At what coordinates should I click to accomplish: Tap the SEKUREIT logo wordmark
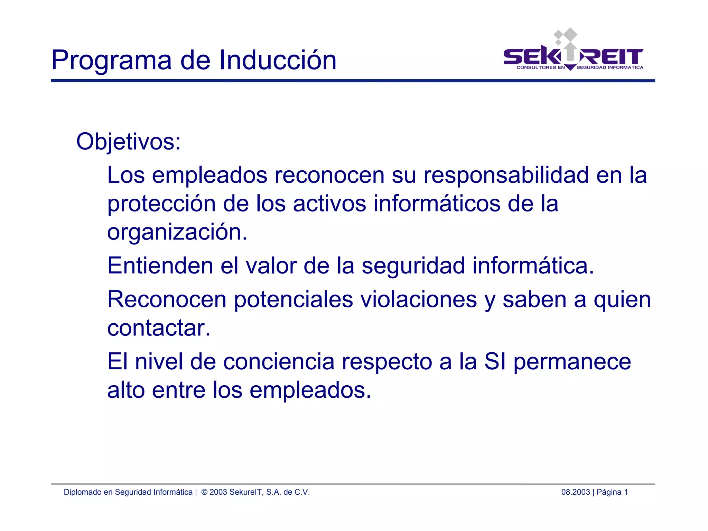pos(573,57)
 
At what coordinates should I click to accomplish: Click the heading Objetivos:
pos(128,142)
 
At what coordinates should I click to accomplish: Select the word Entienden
pos(160,265)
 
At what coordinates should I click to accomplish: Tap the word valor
pos(271,265)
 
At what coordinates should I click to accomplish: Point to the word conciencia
pos(279,361)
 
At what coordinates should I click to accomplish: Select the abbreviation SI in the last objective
pos(495,361)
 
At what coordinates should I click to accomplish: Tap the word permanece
pos(572,362)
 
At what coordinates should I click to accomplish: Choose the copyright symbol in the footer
pos(204,492)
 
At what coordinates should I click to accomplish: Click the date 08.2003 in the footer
pos(575,492)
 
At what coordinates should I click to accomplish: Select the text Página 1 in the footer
pos(612,492)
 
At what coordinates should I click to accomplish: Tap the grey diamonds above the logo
pos(566,35)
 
